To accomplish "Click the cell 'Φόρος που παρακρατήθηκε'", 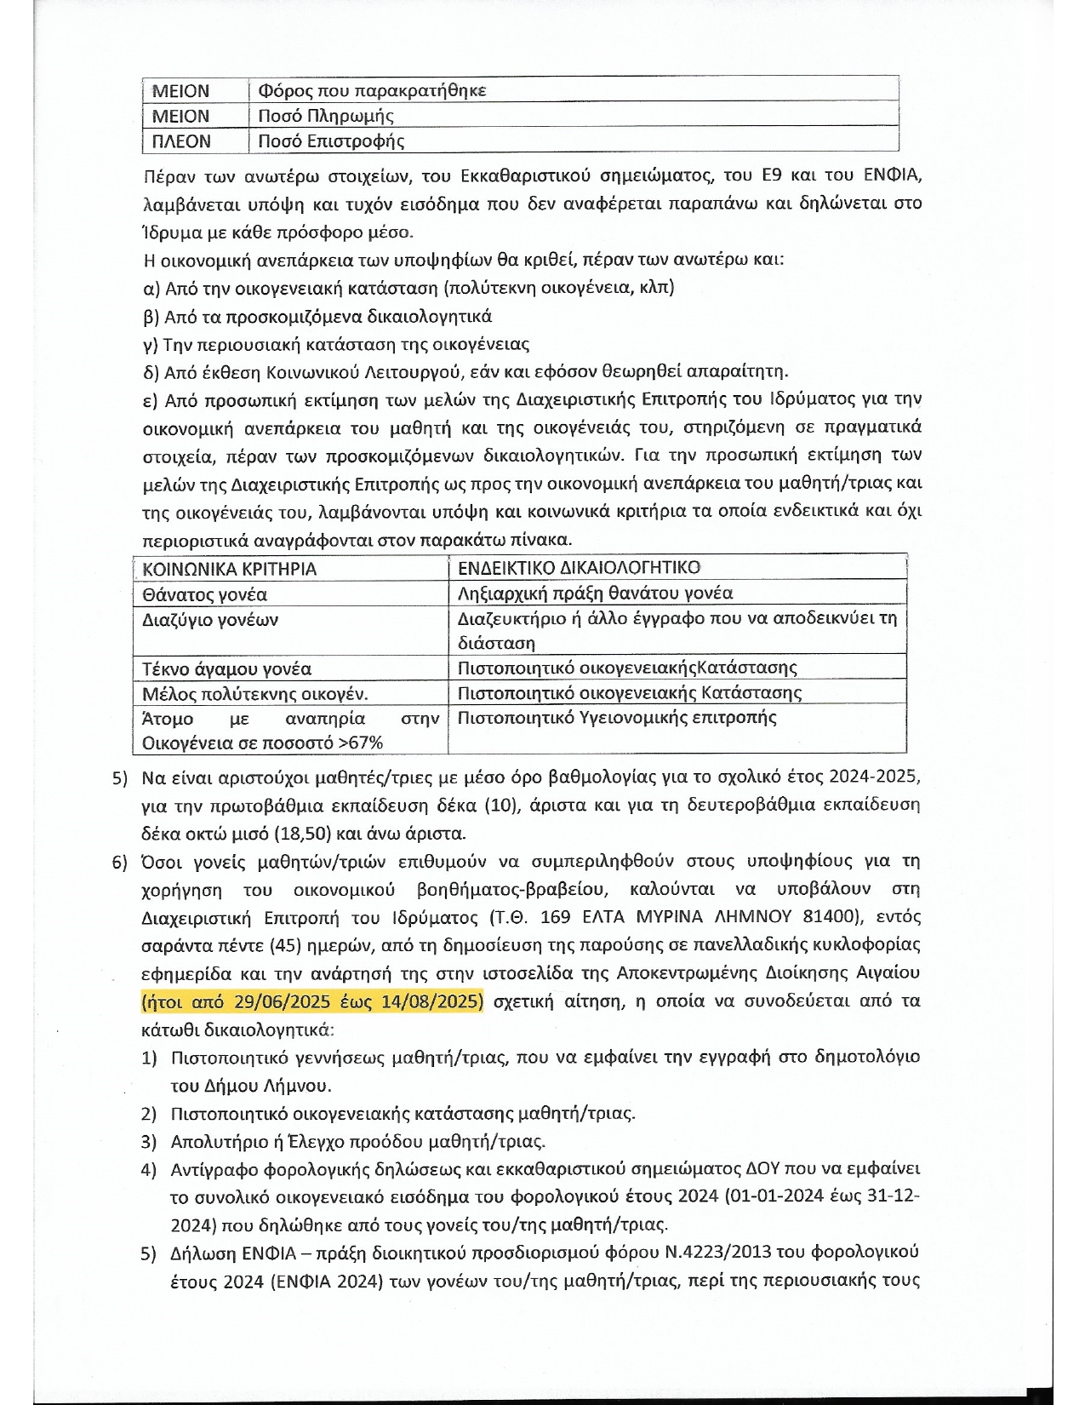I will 372,90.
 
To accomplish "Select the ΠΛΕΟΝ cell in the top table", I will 180,140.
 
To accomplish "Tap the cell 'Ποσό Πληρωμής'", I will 326,116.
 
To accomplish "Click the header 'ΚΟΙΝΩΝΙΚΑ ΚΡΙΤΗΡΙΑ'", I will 229,569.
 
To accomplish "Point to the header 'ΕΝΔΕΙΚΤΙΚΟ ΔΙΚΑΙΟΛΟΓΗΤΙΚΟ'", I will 579,568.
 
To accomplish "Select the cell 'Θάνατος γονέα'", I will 205,594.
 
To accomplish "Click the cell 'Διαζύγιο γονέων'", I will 210,619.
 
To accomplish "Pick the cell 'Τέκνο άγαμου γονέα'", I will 226,668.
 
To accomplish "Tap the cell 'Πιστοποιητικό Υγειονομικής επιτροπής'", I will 617,717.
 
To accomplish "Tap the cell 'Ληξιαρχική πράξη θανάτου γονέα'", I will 595,593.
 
